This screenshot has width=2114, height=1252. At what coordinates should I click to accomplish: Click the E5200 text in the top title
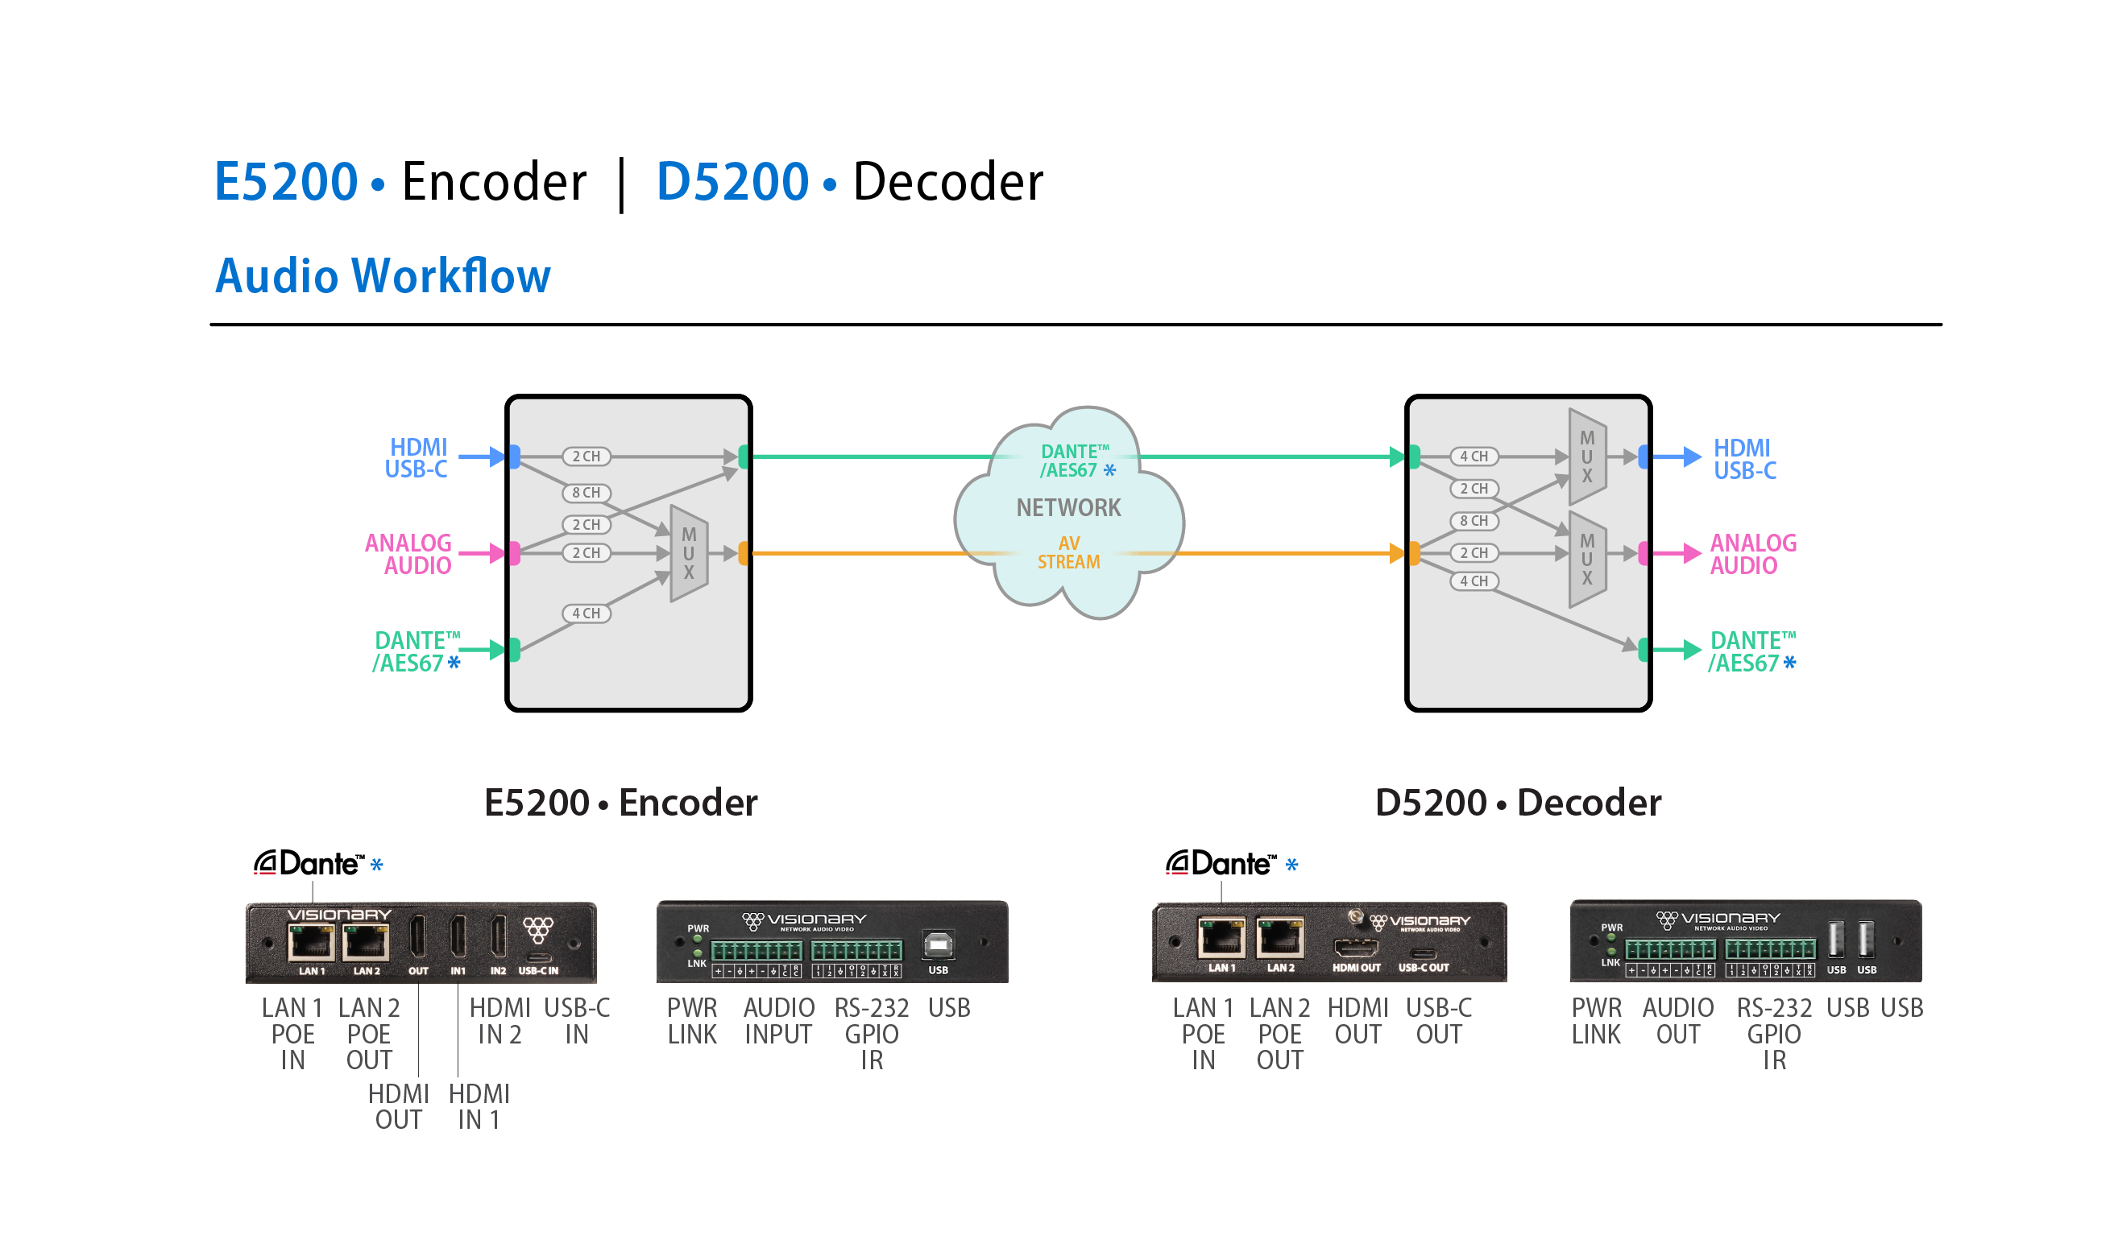286,181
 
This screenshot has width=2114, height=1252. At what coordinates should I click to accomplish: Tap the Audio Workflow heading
383,276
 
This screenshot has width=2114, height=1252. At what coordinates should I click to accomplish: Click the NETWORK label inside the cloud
1068,508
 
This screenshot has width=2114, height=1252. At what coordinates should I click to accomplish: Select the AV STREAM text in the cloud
1068,552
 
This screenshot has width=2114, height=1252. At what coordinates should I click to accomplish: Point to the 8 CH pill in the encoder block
587,493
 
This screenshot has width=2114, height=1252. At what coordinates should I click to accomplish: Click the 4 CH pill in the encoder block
587,614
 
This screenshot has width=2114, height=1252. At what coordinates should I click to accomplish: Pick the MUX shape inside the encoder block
689,553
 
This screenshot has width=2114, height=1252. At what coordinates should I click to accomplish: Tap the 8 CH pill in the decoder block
1474,522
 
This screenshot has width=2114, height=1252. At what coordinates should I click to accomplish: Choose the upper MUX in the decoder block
1586,457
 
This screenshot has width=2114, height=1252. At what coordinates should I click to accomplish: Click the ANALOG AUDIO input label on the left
409,554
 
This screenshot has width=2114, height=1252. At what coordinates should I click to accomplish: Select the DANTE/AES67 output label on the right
1752,651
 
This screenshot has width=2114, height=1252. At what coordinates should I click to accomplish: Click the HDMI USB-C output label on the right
1743,459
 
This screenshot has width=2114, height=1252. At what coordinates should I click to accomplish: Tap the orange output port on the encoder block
744,553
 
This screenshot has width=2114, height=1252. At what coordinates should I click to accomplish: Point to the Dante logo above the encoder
309,863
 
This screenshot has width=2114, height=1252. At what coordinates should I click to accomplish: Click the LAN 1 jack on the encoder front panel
312,941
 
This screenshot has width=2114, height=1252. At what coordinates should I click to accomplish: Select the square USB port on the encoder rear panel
938,945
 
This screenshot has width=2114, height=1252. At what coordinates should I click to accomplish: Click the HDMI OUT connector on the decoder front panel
1356,947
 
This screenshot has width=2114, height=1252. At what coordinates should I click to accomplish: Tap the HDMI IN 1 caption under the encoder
479,1106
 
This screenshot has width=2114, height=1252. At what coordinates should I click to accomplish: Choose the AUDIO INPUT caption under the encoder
778,1021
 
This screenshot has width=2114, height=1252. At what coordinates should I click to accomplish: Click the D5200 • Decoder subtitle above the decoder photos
1517,802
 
